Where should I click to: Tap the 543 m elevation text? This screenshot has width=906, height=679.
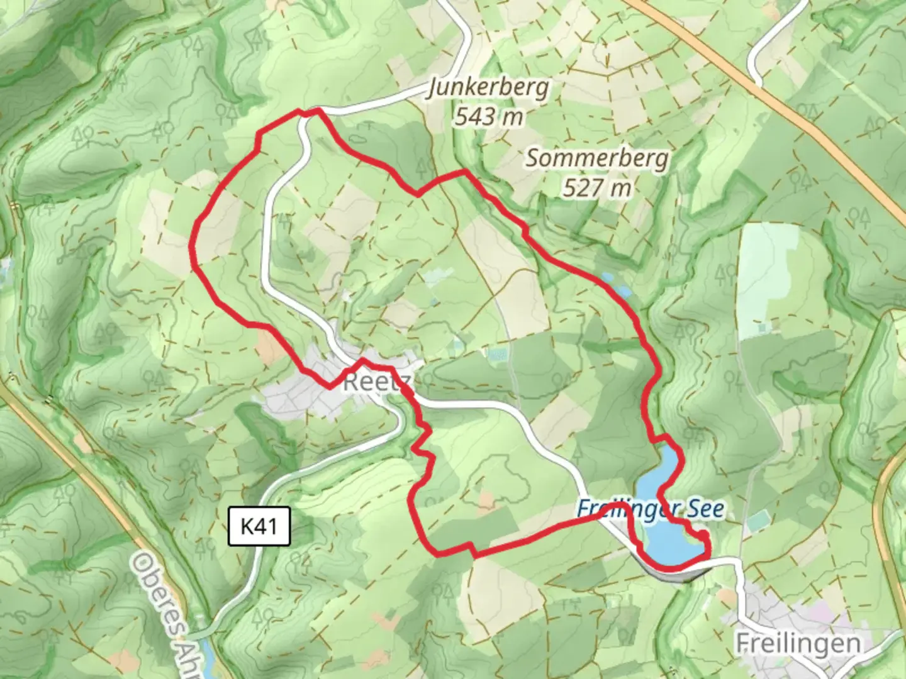coord(489,116)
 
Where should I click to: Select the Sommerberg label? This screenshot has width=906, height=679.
coord(596,158)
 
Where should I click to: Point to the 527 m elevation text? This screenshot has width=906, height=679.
coord(596,187)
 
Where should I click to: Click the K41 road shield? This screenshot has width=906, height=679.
coord(259,526)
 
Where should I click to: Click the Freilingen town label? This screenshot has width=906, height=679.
coord(798,643)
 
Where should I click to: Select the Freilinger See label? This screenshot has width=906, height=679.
coord(651,509)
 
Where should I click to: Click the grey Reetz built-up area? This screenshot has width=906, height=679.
coord(296,396)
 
